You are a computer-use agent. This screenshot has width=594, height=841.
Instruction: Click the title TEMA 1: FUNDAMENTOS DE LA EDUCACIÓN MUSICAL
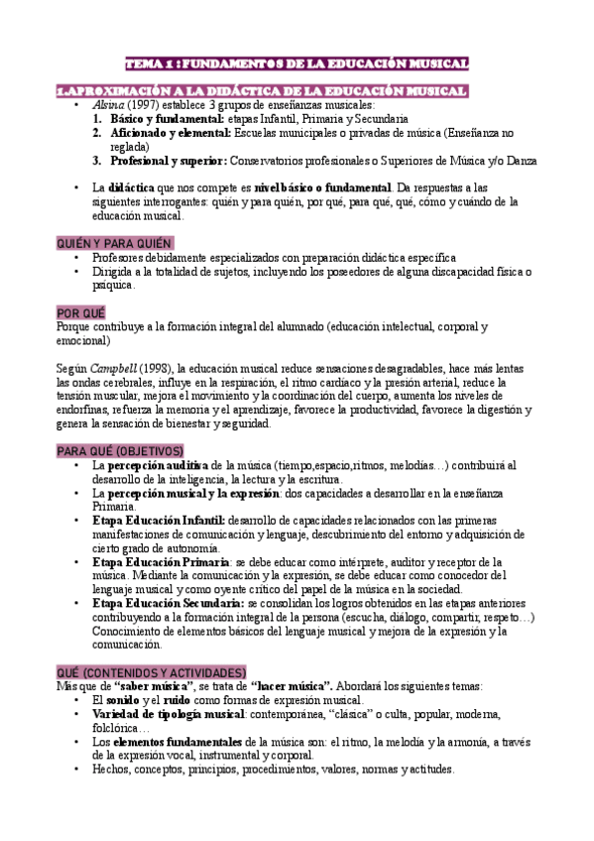click(297, 64)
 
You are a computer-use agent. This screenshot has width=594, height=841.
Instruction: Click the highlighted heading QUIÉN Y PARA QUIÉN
click(114, 243)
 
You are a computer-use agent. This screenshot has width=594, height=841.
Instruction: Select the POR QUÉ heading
click(81, 311)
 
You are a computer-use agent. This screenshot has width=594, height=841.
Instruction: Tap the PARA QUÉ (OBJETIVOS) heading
click(120, 450)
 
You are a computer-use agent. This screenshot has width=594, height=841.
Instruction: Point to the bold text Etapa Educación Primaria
click(161, 561)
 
